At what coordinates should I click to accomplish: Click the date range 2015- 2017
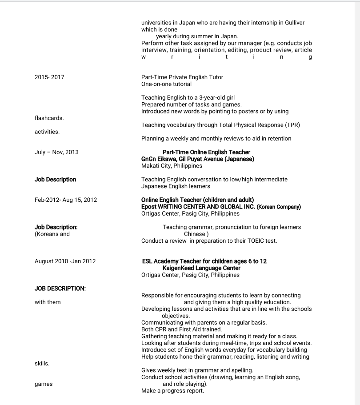49,77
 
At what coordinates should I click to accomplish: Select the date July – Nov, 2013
56,152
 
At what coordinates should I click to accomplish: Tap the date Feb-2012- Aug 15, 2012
66,200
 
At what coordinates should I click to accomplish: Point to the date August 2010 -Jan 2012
65,261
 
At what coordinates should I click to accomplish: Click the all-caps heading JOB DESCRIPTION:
60,289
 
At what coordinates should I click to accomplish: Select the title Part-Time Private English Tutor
182,77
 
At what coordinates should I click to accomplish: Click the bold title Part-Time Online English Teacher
206,152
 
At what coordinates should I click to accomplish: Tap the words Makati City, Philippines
172,166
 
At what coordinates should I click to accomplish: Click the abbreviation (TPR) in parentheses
292,125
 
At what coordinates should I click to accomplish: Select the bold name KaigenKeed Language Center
201,268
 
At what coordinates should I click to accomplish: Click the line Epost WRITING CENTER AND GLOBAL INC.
198,207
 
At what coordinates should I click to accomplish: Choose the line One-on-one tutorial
167,84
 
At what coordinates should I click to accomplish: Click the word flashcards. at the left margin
49,118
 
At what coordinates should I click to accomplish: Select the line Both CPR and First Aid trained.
181,329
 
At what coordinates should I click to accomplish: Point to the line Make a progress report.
172,391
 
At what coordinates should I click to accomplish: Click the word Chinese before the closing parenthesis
194,234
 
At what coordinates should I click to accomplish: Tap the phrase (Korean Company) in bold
279,207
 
